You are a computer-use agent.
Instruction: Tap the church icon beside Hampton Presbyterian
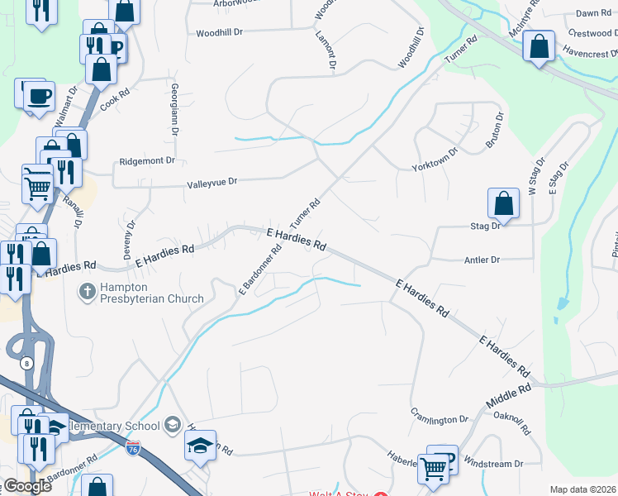click(x=87, y=291)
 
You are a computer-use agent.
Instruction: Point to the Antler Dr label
click(x=483, y=260)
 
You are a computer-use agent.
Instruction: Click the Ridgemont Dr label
click(x=148, y=161)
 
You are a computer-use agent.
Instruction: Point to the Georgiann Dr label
click(x=175, y=110)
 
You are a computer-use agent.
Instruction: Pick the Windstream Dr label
click(x=495, y=465)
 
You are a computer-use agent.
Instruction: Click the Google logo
click(x=27, y=486)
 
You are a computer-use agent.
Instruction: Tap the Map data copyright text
click(x=582, y=489)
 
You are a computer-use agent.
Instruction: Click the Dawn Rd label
click(x=592, y=13)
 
